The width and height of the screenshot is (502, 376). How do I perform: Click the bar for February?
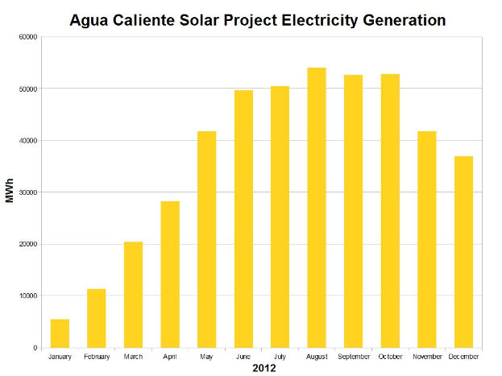coord(97,318)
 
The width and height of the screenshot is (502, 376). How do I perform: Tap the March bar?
coord(133,295)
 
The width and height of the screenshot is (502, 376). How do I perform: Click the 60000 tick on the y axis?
coord(27,37)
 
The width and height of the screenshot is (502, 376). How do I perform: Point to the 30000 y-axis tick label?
coord(27,192)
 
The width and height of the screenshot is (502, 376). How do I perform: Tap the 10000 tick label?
coord(27,296)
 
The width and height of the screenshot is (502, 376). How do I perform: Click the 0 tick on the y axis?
coord(35,348)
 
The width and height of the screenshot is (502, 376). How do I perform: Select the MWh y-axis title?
coord(10,192)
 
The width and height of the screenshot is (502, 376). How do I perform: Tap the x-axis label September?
coord(353,356)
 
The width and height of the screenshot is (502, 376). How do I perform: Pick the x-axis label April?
coord(170,356)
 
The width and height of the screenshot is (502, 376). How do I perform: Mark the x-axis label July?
coord(280,356)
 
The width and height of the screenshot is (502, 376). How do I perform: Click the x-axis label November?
coord(426,356)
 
